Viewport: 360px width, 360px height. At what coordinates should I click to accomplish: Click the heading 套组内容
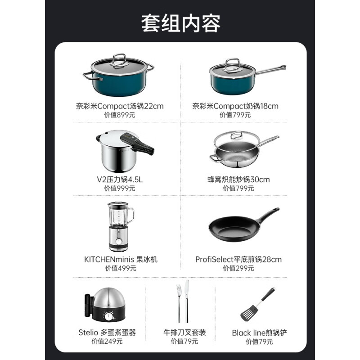click(180, 23)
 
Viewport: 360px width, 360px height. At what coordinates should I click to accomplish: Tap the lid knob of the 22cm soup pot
click(118, 58)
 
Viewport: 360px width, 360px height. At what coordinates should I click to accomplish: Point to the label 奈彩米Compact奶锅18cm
click(235, 106)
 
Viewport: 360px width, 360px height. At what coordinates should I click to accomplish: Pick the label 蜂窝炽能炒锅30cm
click(239, 179)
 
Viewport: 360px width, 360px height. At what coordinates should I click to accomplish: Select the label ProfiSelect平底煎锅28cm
click(238, 259)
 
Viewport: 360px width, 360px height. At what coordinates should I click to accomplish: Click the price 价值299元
click(238, 268)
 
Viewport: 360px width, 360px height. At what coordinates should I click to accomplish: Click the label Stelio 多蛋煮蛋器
click(107, 333)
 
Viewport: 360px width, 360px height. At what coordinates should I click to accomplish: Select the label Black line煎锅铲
click(259, 333)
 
